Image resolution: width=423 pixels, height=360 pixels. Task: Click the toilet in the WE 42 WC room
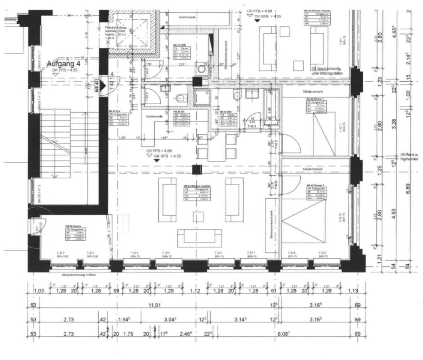pyautogui.click(x=180, y=97)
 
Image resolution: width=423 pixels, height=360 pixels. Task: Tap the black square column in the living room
pyautogui.click(x=196, y=169)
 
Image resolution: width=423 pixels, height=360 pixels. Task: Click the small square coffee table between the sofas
pyautogui.click(x=198, y=216)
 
